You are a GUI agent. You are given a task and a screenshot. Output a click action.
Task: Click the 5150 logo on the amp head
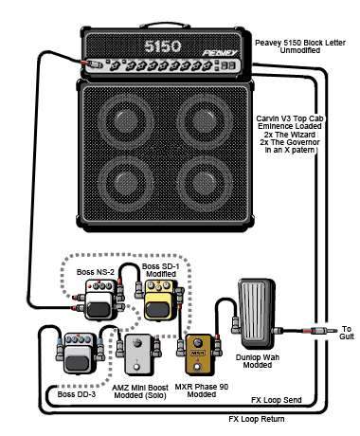163,46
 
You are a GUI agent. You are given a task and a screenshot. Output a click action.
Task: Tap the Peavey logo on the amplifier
220,53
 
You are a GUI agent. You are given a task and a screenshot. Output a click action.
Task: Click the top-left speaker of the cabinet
126,120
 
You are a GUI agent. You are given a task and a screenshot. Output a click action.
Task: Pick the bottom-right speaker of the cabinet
206,184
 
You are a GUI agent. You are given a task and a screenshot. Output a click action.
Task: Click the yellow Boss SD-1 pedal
159,300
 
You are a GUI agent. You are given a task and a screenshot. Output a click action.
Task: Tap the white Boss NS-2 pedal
99,300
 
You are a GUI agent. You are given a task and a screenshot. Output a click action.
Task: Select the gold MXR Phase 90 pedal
198,354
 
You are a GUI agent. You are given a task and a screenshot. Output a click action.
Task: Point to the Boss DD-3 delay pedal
80,354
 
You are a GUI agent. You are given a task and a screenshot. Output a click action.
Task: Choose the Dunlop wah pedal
257,313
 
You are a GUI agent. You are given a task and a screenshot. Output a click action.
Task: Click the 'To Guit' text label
347,333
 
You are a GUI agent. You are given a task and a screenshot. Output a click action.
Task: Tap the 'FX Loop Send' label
277,400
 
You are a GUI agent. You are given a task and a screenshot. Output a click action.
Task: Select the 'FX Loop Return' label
257,419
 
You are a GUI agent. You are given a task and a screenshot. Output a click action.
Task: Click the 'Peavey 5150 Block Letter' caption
300,43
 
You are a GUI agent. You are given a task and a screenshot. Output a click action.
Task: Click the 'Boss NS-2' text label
96,272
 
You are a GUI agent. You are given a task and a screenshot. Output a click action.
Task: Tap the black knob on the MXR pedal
198,343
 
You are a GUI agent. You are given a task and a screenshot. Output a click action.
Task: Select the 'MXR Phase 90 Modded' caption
202,391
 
